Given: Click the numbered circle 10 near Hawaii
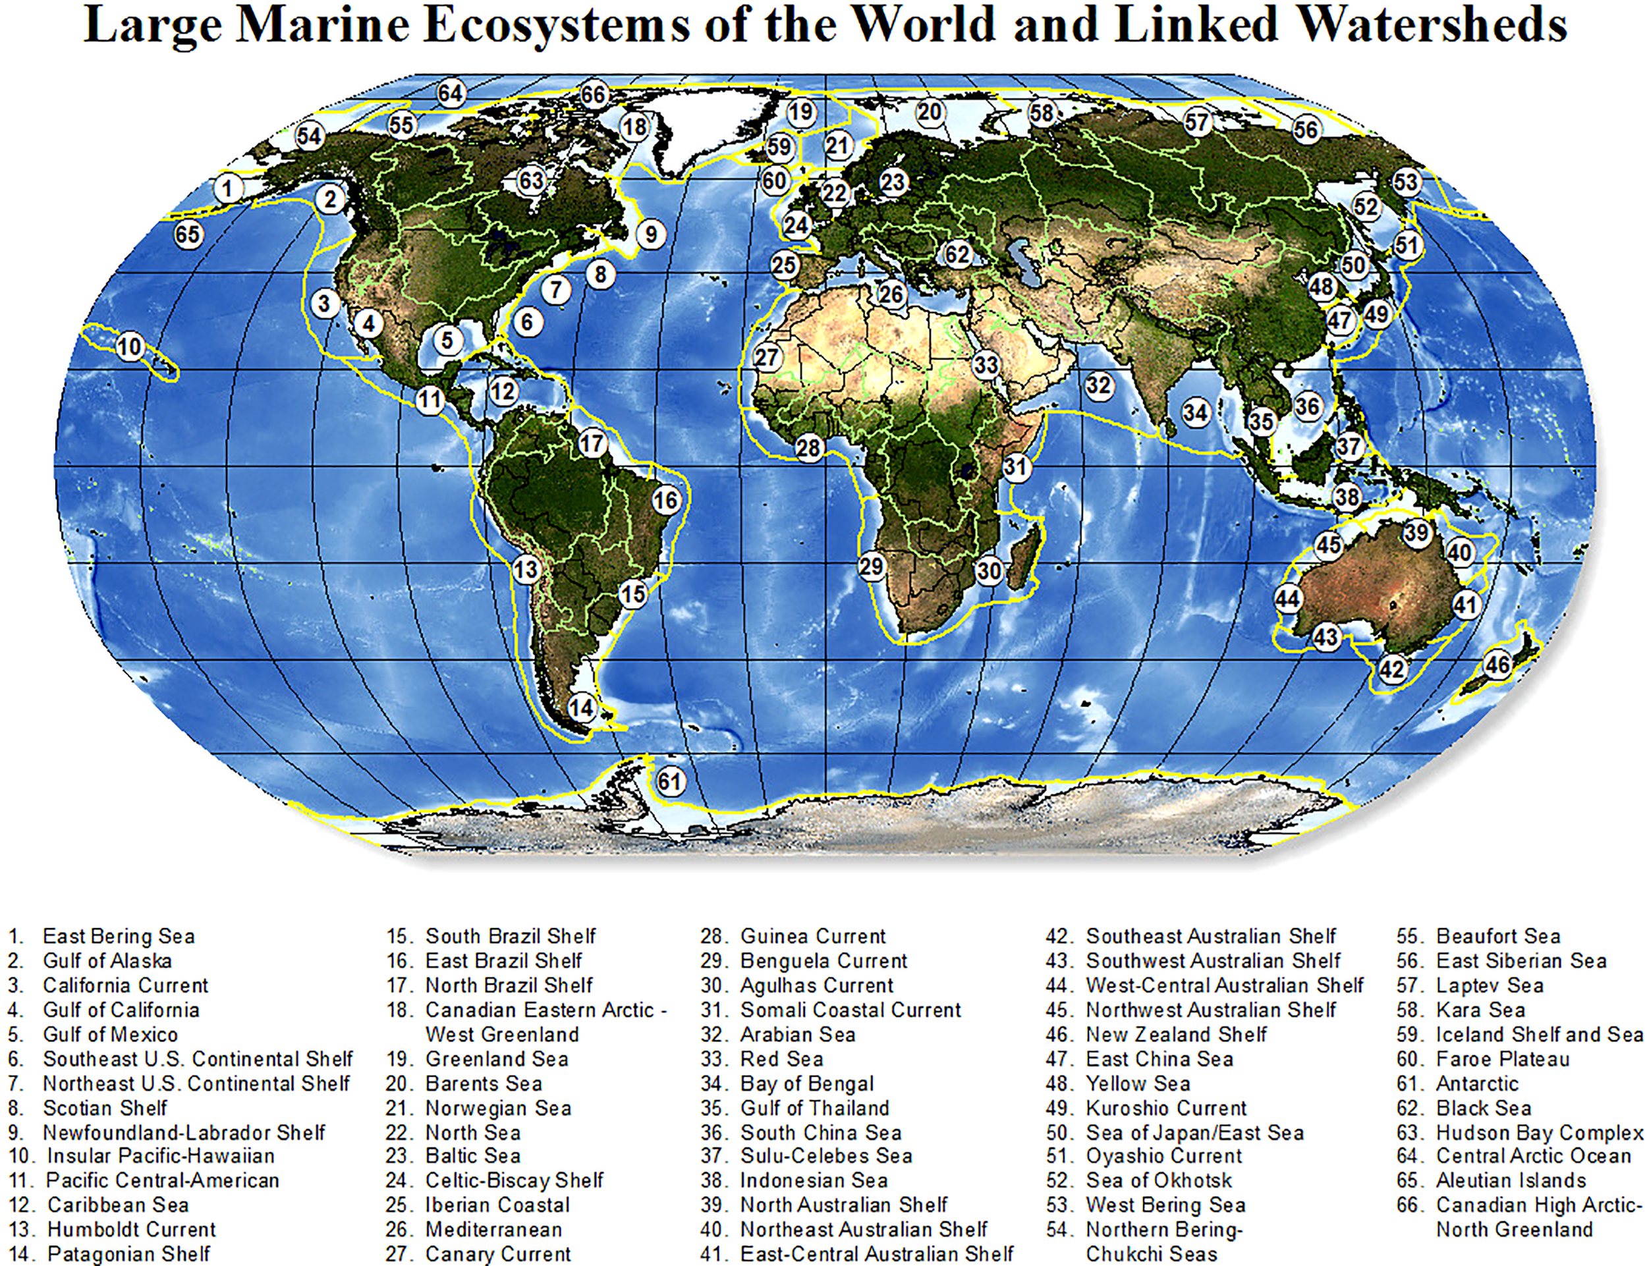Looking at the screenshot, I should (x=130, y=346).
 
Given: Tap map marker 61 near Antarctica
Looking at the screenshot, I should (x=669, y=781).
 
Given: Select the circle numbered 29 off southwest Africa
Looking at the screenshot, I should (x=872, y=566).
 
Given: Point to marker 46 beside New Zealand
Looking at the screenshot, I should (x=1497, y=665).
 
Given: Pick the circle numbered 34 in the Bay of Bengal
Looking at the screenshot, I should (x=1196, y=412).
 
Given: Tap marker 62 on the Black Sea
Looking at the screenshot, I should (x=957, y=255).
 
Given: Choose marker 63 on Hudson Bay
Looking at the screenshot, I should (x=532, y=181).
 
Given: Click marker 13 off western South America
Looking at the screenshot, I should (x=526, y=570).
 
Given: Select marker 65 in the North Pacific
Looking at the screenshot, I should (x=188, y=234).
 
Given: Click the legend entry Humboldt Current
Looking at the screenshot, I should (x=131, y=1229).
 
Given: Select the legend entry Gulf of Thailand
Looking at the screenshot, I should (x=814, y=1108).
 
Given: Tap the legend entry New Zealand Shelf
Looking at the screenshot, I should (x=1176, y=1034).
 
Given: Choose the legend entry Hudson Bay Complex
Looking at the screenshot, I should (x=1539, y=1133).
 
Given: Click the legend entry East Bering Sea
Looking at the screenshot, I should (x=119, y=936).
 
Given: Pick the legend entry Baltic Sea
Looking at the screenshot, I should (x=472, y=1155).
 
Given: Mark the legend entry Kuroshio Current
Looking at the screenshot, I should (x=1166, y=1108).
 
